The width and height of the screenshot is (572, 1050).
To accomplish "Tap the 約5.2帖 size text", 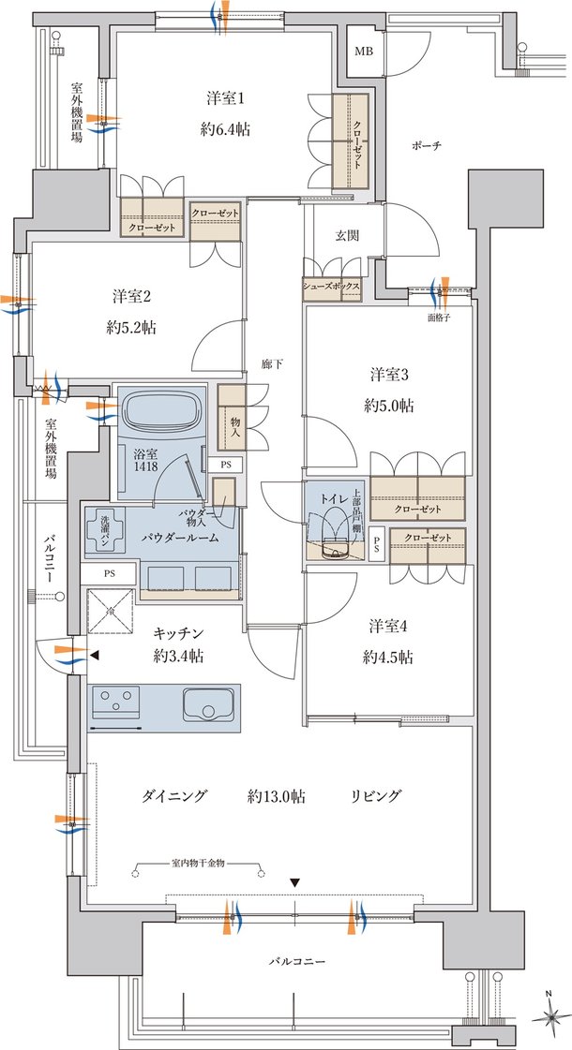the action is pos(131,328).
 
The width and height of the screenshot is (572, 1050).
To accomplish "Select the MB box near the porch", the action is pos(364,52).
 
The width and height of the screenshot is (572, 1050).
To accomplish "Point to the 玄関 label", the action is pos(346,235).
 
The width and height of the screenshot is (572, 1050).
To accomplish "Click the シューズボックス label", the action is pos(333,287).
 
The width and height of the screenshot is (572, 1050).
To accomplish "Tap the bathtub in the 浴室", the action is pos(161,411).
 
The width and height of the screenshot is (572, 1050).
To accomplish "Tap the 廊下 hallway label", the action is pos(272,364).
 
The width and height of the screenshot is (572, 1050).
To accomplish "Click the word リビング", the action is pos(375,796).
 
